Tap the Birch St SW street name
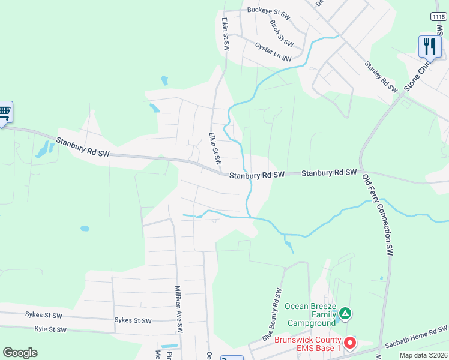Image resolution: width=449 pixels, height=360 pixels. (281, 33)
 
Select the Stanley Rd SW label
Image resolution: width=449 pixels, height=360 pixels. (381, 76)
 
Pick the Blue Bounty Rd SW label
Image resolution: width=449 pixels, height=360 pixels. (272, 316)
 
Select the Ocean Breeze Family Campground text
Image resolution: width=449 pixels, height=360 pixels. (310, 314)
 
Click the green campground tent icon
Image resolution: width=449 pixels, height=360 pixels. (345, 313)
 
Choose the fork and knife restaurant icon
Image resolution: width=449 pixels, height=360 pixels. (429, 46)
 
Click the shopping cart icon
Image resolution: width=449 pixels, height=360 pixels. (4, 112)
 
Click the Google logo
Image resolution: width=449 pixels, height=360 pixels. (20, 353)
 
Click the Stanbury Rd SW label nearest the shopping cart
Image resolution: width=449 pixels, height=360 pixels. (83, 148)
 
